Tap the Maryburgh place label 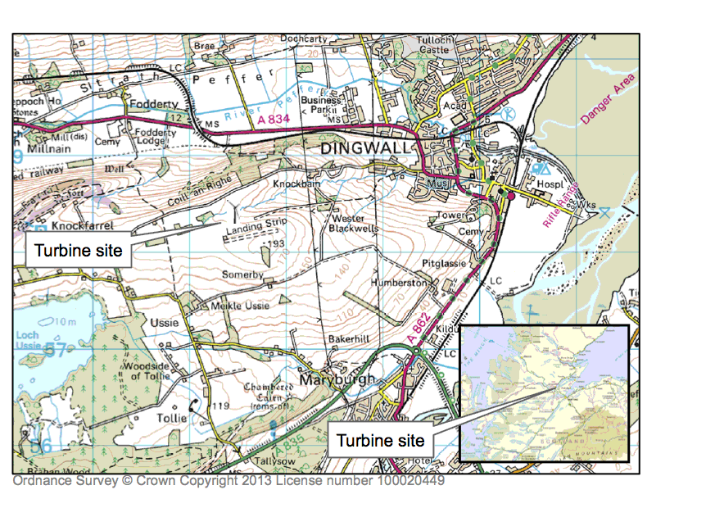tap(336, 380)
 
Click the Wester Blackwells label tap(354, 224)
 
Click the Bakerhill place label tap(351, 338)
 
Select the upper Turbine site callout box tap(79, 250)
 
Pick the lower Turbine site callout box tap(382, 440)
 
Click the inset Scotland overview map tap(544, 392)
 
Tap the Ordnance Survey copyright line tap(229, 482)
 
